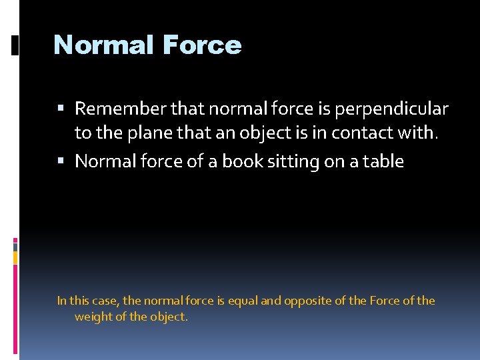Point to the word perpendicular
pyautogui.click(x=401, y=108)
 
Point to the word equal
pyautogui.click(x=243, y=301)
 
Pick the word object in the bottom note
pyautogui.click(x=169, y=317)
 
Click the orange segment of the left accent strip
pyautogui.click(x=15, y=257)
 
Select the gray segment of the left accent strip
pyautogui.click(x=15, y=246)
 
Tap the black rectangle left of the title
pyautogui.click(x=15, y=45)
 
